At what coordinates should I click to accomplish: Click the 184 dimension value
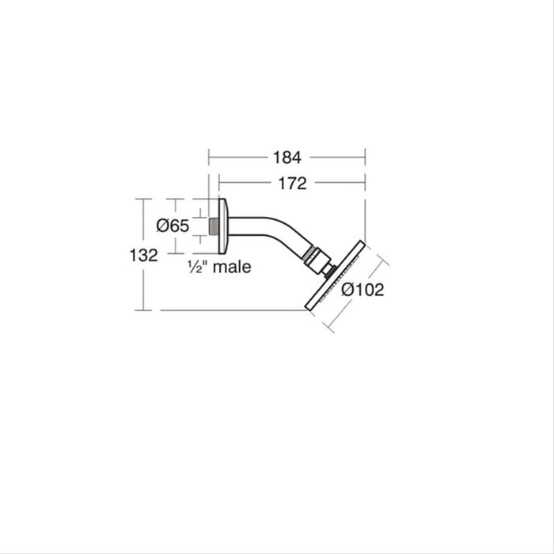pos(286,157)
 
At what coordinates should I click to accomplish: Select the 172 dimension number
pos(293,184)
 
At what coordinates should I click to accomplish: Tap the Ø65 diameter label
pos(173,226)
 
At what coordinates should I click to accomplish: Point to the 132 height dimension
pos(143,255)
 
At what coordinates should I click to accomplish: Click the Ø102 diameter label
pos(362,290)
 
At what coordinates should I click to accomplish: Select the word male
pos(232,267)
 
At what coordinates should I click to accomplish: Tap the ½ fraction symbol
pos(195,267)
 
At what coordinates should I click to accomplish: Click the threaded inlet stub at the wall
pos(214,226)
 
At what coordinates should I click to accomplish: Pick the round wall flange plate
pos(223,226)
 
